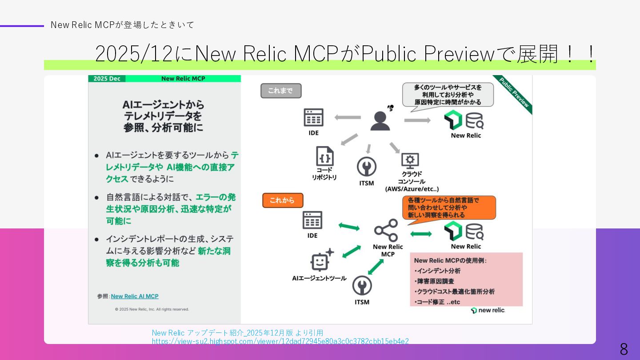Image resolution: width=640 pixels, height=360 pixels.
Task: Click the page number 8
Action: click(624, 349)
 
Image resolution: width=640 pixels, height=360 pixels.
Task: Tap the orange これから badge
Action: click(283, 200)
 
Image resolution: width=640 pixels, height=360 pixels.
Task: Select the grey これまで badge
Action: click(281, 91)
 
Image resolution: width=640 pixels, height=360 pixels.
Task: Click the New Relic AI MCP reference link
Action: click(135, 296)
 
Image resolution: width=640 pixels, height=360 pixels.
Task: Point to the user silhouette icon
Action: click(380, 120)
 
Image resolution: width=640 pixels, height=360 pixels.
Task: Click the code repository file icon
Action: click(324, 156)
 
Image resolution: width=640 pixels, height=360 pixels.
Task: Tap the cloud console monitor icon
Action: click(410, 160)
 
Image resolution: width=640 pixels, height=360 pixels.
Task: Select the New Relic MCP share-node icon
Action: click(386, 230)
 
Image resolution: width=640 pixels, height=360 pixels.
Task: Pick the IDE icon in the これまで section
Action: click(313, 118)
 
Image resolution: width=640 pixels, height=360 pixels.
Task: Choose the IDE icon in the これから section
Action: click(312, 220)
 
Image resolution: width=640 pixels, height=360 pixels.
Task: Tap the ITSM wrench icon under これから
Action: click(362, 286)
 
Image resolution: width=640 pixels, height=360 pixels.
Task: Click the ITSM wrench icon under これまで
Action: click(367, 167)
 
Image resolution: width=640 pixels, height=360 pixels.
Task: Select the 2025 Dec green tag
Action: click(107, 79)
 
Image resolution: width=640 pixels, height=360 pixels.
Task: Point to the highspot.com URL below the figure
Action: click(280, 341)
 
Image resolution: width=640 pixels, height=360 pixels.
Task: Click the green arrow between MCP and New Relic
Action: click(420, 234)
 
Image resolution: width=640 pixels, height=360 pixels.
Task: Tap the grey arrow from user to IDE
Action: click(348, 117)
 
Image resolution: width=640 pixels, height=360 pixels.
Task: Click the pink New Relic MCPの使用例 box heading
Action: click(450, 260)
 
